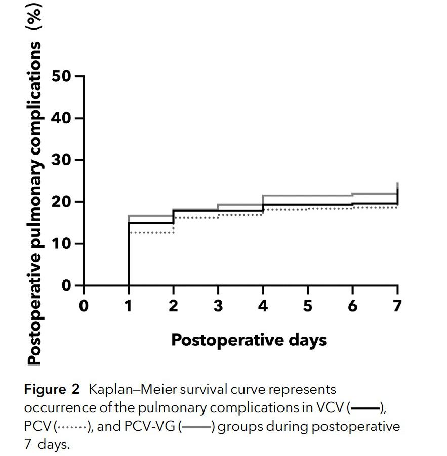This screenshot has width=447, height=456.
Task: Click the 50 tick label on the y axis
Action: (61, 76)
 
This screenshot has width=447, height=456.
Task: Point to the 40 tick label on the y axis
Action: (61, 118)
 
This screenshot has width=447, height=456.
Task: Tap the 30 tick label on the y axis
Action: (61, 160)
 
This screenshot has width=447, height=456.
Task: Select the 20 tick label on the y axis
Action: (61, 202)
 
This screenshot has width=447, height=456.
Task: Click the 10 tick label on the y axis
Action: (61, 244)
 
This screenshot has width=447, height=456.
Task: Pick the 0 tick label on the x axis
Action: (84, 306)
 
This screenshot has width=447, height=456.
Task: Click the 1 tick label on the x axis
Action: (129, 306)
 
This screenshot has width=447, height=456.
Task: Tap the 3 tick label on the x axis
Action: (218, 306)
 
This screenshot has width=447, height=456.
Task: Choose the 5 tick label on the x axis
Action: (308, 306)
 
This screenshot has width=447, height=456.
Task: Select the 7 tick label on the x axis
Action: (397, 306)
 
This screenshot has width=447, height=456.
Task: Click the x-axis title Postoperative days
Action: (249, 340)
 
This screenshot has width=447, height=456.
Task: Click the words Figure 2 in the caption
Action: (52, 390)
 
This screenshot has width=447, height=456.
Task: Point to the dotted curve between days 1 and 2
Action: (151, 232)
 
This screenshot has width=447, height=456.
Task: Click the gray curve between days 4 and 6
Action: (308, 195)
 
